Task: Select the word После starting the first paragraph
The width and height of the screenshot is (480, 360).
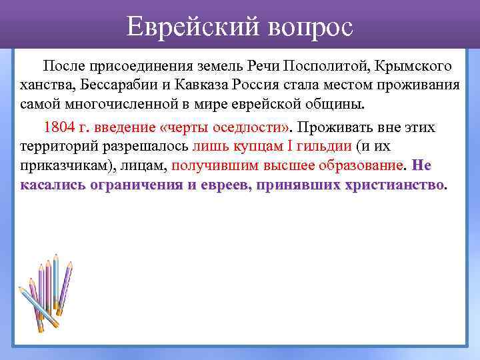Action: pos(63,67)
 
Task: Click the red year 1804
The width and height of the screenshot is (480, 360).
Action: pos(57,126)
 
